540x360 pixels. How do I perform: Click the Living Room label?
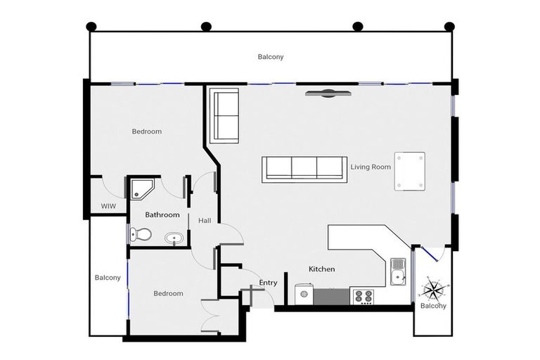click(371, 167)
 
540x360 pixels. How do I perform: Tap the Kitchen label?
click(322, 269)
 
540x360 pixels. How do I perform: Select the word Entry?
click(268, 283)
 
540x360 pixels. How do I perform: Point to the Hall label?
click(204, 221)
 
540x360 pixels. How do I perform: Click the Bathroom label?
click(162, 214)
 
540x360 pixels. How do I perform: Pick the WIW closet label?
click(108, 206)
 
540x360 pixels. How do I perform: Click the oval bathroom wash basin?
click(174, 238)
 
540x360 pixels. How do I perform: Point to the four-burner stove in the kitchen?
click(364, 297)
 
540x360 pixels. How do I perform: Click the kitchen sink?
click(397, 271)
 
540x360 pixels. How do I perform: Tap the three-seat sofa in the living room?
click(304, 169)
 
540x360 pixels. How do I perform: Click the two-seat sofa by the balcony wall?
click(225, 115)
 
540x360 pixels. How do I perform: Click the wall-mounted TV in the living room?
click(328, 93)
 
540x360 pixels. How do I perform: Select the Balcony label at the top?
click(270, 57)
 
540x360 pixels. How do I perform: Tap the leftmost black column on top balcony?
click(91, 27)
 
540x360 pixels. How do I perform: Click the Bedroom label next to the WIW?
click(147, 131)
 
